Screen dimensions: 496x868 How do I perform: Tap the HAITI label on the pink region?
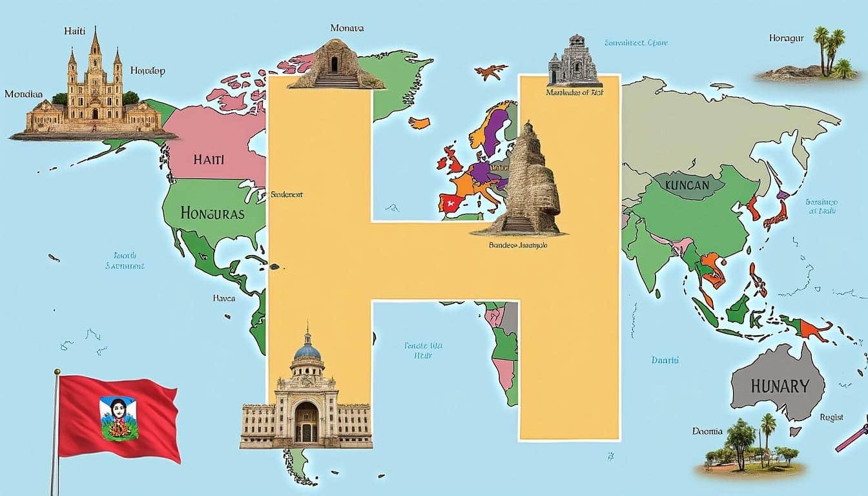(208, 159)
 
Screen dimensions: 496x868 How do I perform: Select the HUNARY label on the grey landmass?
(780, 386)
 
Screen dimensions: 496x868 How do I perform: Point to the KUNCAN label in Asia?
(686, 185)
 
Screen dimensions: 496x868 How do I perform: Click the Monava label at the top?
(347, 28)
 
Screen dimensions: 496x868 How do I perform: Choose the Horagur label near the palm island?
(786, 38)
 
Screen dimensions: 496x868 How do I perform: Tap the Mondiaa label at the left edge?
(23, 94)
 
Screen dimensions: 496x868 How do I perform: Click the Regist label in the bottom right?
(832, 417)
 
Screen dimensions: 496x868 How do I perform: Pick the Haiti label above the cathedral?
(75, 31)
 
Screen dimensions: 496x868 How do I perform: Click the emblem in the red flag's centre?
(118, 418)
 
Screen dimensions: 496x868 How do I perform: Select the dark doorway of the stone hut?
(334, 64)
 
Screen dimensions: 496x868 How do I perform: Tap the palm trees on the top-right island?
(830, 49)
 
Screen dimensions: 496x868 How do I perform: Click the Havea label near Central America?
(224, 299)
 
